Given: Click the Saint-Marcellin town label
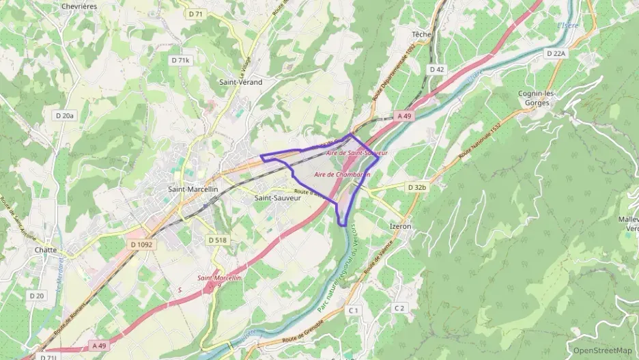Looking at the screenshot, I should [193, 189].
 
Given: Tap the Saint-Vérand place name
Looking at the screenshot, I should [240, 82].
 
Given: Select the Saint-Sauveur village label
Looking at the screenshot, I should [277, 198].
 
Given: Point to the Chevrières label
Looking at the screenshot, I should [79, 6].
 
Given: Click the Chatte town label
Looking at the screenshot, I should [46, 250].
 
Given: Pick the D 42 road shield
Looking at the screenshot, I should [437, 70].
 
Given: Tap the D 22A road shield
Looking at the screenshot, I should [556, 53].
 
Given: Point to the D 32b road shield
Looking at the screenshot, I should [416, 187].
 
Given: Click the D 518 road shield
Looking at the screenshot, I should [217, 240].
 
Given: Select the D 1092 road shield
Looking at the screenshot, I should [141, 245].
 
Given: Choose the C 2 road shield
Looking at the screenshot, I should [399, 309].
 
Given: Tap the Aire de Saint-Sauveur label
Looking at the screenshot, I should [357, 153].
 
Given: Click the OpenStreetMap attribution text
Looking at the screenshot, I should [603, 350].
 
